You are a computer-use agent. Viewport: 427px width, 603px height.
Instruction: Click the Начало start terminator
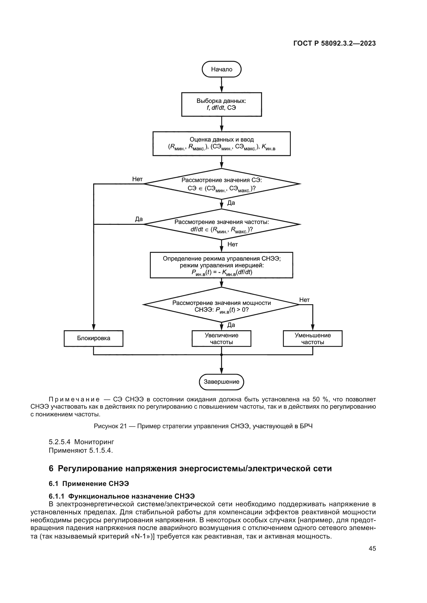point(222,69)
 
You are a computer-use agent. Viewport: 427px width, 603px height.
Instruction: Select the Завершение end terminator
point(222,382)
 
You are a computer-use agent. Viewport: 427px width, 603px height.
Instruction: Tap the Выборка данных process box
point(222,104)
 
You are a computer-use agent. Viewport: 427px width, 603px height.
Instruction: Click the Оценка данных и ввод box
point(222,143)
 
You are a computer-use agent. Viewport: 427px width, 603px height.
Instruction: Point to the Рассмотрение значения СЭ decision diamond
point(222,184)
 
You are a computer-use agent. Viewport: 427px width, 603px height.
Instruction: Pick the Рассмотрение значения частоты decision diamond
point(222,225)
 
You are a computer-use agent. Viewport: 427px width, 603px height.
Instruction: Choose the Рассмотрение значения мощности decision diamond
point(222,305)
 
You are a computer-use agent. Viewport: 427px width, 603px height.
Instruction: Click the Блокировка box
point(93,338)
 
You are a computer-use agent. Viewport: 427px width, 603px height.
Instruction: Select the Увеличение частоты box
point(222,338)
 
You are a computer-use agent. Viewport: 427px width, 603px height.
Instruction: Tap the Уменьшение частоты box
point(313,338)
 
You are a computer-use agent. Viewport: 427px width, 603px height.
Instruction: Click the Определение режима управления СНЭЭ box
point(222,265)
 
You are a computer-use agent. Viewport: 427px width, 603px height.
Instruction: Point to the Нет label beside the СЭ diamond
point(137,179)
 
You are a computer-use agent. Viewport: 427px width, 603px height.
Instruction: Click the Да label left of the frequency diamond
point(139,219)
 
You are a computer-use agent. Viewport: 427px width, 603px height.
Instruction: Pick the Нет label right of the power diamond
point(304,300)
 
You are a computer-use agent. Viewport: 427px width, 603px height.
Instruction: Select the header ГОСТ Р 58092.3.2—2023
point(334,44)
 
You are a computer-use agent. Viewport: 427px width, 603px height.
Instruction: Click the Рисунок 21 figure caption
point(203,426)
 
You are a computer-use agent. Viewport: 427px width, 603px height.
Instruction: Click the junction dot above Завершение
point(222,355)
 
